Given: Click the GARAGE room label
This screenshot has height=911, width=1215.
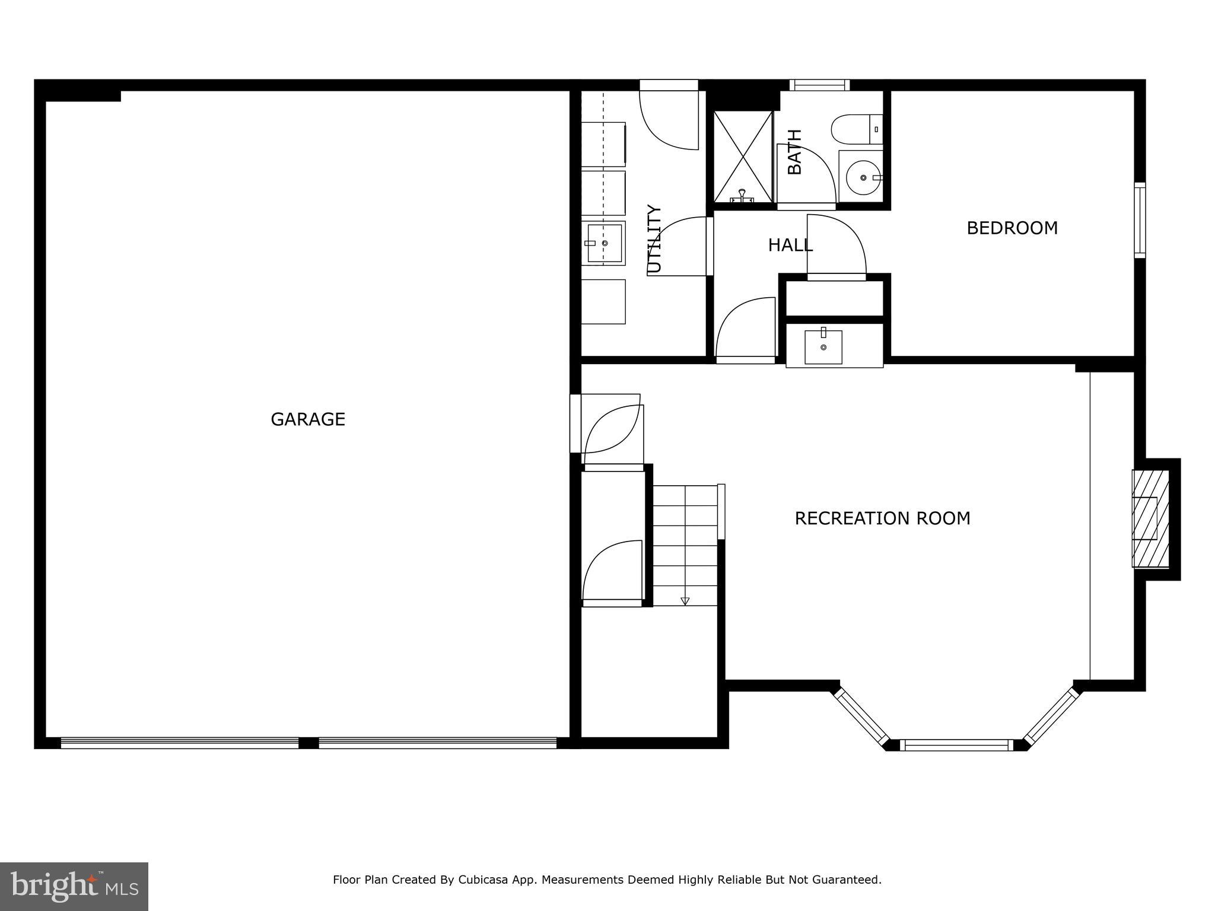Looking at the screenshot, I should click(307, 419).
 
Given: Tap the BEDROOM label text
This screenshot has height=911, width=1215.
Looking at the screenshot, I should click(1012, 228).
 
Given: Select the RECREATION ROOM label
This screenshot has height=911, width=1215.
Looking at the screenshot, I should click(882, 518).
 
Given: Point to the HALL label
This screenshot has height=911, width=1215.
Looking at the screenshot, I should click(790, 245).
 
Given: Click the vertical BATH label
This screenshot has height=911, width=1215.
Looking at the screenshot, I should click(794, 152).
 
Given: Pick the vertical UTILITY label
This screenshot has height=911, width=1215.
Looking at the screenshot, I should click(654, 238).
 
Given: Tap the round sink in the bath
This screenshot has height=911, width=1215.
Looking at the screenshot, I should click(862, 177).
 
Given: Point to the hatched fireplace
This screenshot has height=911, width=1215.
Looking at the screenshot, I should click(1150, 518).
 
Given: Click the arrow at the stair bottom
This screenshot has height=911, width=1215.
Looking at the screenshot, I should click(685, 601).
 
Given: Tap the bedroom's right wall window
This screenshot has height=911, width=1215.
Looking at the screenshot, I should click(1140, 220).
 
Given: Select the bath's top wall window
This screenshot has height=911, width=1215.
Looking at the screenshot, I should click(819, 85).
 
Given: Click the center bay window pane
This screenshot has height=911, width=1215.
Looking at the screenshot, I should click(956, 745).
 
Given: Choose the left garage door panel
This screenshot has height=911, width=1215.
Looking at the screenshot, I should click(179, 743).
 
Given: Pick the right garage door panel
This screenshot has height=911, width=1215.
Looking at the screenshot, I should click(437, 743).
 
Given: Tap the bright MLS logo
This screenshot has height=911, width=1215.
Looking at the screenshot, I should click(74, 886).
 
